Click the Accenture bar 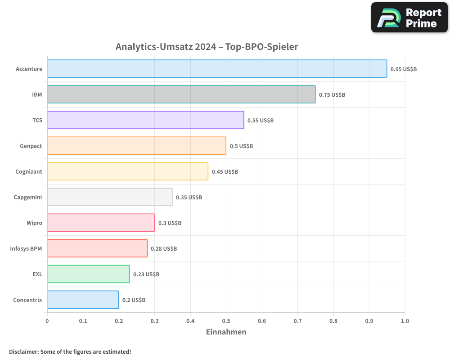click(x=217, y=69)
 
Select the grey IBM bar click(x=181, y=94)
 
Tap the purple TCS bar click(x=145, y=120)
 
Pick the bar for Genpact click(x=136, y=146)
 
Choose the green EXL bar click(x=88, y=274)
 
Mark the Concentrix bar click(x=83, y=300)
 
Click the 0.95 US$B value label click(x=404, y=69)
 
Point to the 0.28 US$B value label click(x=164, y=249)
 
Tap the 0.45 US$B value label click(x=225, y=172)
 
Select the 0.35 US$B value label click(x=189, y=198)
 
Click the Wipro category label click(x=34, y=223)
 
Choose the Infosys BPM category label click(x=26, y=249)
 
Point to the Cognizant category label click(x=29, y=172)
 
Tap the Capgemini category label click(x=28, y=198)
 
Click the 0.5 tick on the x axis click(x=226, y=321)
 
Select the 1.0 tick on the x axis click(x=405, y=321)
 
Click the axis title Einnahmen click(x=226, y=332)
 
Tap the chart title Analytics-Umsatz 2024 click(x=207, y=47)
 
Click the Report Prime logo click(x=409, y=18)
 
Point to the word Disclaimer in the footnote click(x=23, y=351)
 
